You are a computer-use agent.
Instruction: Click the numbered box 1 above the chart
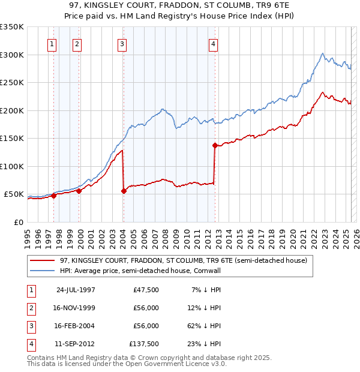[52, 43]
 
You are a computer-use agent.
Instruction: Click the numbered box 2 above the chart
[77, 43]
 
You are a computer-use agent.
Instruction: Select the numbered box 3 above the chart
[122, 43]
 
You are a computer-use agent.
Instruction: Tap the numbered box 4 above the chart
[213, 43]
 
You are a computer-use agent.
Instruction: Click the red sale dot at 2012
[215, 145]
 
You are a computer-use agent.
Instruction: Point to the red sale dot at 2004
[124, 191]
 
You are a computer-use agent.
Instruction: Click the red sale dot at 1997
[53, 196]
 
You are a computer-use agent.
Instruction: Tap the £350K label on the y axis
[12, 27]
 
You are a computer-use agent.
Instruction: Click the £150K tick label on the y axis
[12, 139]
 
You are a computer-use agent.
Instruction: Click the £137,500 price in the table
[144, 344]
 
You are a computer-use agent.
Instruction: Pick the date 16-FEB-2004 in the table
[76, 326]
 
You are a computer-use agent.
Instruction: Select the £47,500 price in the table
[146, 290]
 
